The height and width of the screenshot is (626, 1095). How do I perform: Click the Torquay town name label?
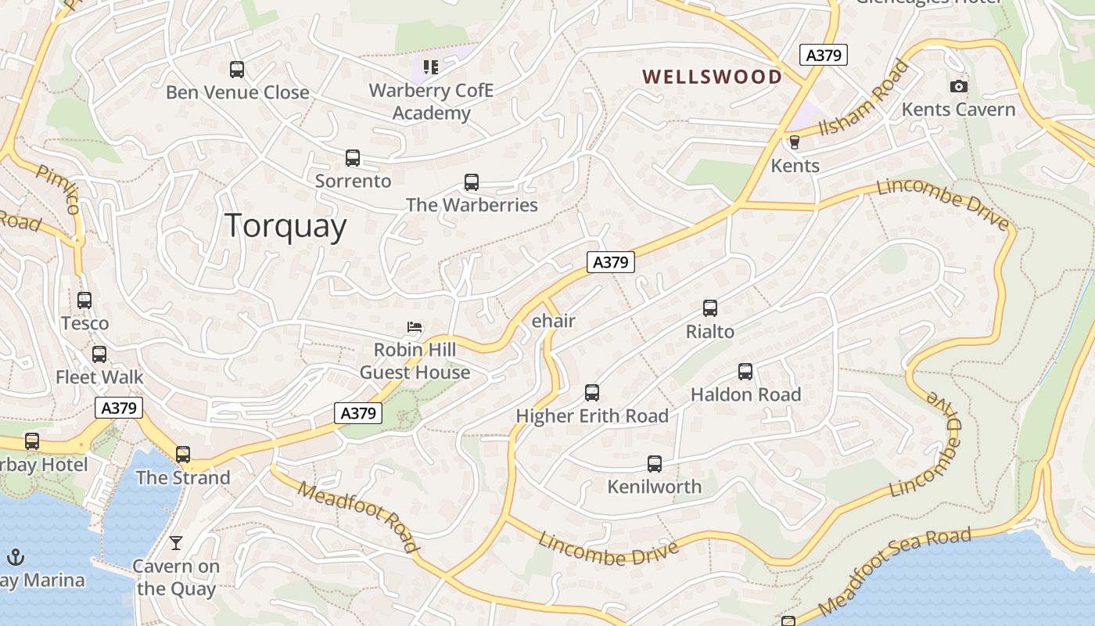pyautogui.click(x=286, y=226)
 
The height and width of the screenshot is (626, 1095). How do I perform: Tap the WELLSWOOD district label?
pyautogui.click(x=712, y=77)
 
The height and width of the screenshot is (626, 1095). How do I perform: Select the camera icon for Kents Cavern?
pyautogui.click(x=958, y=86)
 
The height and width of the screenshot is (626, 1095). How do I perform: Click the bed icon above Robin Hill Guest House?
pyautogui.click(x=415, y=326)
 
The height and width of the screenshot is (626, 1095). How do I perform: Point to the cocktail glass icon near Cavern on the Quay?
pyautogui.click(x=176, y=542)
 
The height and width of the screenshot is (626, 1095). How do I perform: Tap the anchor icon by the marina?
pyautogui.click(x=15, y=557)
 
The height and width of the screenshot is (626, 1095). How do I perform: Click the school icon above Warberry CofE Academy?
pyautogui.click(x=431, y=67)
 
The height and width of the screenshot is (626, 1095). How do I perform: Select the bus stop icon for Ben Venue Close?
pyautogui.click(x=237, y=70)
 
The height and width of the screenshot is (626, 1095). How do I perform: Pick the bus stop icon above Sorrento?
pyautogui.click(x=353, y=158)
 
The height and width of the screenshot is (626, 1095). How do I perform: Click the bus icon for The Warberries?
pyautogui.click(x=471, y=182)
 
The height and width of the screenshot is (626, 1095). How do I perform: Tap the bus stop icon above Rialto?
pyautogui.click(x=709, y=308)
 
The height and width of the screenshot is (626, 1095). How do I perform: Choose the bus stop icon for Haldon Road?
pyautogui.click(x=745, y=372)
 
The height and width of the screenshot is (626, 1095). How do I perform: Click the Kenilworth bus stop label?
pyautogui.click(x=655, y=487)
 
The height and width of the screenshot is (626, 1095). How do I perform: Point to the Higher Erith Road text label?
pyautogui.click(x=592, y=416)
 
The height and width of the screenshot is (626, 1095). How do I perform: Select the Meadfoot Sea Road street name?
pyautogui.click(x=895, y=570)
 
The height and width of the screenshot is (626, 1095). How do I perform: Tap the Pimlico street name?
pyautogui.click(x=58, y=189)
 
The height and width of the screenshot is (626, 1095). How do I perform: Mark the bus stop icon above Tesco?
pyautogui.click(x=84, y=300)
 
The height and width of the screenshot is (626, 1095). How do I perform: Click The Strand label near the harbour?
pyautogui.click(x=183, y=477)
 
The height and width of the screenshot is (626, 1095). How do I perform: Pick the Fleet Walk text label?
pyautogui.click(x=99, y=377)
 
